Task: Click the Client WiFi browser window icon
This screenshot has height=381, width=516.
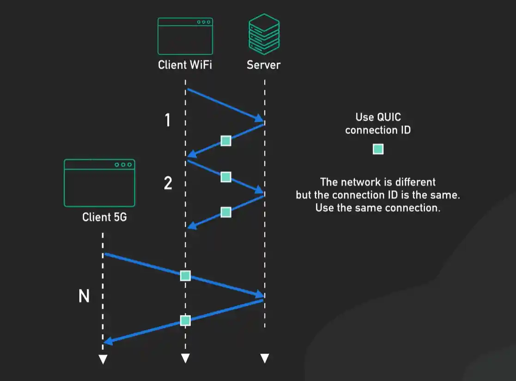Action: (x=185, y=36)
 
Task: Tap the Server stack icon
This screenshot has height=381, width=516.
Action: (x=264, y=34)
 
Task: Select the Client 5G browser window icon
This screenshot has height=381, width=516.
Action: (x=99, y=183)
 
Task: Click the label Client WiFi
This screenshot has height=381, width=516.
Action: (x=185, y=65)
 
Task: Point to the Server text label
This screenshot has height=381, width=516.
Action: (x=263, y=65)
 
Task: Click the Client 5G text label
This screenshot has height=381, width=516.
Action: (x=104, y=217)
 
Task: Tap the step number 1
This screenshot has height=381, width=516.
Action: (x=168, y=121)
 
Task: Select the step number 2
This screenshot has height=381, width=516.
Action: (x=168, y=183)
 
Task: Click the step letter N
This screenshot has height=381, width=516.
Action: (x=84, y=296)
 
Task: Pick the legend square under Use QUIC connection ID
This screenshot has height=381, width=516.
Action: (x=378, y=149)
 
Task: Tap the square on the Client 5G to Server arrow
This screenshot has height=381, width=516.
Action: (x=185, y=276)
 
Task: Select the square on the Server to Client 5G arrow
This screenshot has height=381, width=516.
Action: (x=185, y=321)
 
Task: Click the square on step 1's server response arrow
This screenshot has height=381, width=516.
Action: (x=225, y=141)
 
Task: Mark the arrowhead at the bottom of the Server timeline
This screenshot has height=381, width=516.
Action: (x=264, y=358)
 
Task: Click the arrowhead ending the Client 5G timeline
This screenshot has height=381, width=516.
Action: (x=103, y=359)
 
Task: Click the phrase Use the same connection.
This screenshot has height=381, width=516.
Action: (x=377, y=208)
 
